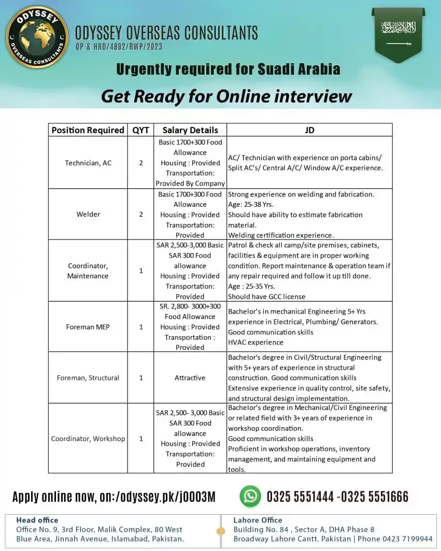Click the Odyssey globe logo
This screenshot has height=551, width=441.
(37, 37)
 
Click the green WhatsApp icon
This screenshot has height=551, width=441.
(250, 496)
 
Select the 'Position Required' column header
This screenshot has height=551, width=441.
(88, 130)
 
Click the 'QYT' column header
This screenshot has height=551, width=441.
(140, 130)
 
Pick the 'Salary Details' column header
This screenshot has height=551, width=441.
(190, 130)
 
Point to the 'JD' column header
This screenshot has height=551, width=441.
(309, 130)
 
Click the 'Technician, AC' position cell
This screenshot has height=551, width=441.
(88, 163)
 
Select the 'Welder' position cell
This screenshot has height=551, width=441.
(88, 214)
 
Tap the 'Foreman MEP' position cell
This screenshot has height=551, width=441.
(88, 327)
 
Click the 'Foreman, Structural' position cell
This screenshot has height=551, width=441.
(88, 378)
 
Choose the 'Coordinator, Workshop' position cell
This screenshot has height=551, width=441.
(88, 439)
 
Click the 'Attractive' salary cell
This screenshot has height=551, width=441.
(190, 378)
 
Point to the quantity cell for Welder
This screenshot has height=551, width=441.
(140, 214)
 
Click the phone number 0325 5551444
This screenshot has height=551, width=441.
(300, 497)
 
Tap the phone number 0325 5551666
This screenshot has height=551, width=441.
(375, 497)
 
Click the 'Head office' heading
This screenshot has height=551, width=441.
(37, 520)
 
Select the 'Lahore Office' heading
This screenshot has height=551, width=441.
(258, 520)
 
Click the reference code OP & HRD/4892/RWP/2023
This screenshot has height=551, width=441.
(119, 47)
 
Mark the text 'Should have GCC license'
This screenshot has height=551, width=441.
(267, 296)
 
